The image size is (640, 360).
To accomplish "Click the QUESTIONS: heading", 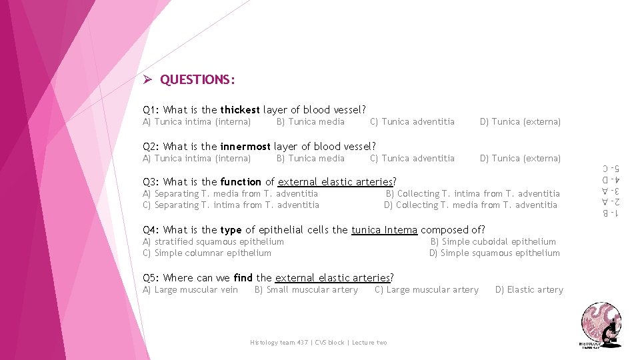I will [197, 80].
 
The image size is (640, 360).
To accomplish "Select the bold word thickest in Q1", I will [240, 110].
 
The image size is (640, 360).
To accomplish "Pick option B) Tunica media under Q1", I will [310, 122].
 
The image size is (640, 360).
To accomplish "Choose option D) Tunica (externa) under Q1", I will [520, 122].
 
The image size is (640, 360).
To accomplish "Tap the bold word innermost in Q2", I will [245, 147].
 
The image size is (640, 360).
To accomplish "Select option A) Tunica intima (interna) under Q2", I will [197, 159].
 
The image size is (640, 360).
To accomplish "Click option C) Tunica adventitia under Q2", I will [412, 159].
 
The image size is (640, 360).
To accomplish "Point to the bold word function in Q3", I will [241, 182].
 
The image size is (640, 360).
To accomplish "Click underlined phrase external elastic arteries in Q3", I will [335, 182].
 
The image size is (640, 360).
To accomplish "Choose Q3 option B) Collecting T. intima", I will [473, 194].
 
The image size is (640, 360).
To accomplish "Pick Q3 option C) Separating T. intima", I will [231, 205].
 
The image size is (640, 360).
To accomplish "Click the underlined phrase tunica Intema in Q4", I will [384, 230].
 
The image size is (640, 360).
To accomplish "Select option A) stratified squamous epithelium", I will [213, 242].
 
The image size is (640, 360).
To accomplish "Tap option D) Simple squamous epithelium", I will [494, 253].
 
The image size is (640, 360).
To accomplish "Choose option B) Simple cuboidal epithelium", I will [493, 242].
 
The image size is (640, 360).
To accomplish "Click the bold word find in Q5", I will [243, 278].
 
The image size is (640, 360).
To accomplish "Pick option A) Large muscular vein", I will [190, 290].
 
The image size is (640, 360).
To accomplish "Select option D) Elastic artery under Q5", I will [529, 290].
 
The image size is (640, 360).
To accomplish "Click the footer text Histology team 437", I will [273, 343].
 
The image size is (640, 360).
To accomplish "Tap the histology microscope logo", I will [601, 324].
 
